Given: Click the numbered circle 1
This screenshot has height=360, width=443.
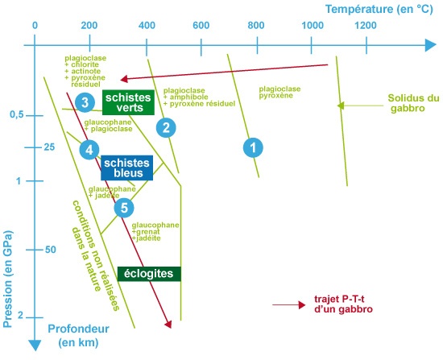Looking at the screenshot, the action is [x=253, y=148].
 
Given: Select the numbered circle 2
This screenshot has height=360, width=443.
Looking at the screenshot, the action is [x=166, y=128].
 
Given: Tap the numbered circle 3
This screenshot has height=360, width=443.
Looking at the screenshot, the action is [x=85, y=102].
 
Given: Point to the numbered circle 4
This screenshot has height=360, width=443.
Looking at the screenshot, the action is [x=89, y=150].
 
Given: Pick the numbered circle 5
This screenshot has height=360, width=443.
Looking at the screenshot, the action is [x=124, y=208].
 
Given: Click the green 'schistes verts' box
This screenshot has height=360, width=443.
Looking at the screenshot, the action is [x=128, y=102].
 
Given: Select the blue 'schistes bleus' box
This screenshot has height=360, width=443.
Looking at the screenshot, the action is [x=126, y=168].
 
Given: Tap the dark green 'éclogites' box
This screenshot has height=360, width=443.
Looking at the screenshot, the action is [x=149, y=274].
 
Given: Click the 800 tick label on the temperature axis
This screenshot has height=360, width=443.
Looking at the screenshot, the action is [x=256, y=26].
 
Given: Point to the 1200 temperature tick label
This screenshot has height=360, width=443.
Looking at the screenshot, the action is [x=366, y=26].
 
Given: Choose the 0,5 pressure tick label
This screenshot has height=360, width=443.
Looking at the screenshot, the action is [x=17, y=114].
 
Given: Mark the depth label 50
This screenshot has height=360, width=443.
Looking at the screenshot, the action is [x=50, y=250].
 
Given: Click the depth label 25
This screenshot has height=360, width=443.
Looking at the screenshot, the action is [x=49, y=147].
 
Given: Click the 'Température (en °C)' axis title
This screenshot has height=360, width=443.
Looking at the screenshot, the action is [x=379, y=9].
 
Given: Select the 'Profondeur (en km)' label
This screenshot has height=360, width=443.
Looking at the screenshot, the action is [x=79, y=335].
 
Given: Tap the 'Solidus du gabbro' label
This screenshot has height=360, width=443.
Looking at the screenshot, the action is [x=413, y=103].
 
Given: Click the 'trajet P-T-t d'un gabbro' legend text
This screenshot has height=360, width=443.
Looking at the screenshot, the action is [x=343, y=304].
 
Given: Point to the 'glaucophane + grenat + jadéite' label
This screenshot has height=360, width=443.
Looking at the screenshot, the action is [x=155, y=232].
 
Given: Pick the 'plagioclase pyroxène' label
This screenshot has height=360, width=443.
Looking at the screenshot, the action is [x=279, y=92].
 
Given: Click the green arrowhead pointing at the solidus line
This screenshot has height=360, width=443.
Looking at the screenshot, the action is [x=341, y=106].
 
